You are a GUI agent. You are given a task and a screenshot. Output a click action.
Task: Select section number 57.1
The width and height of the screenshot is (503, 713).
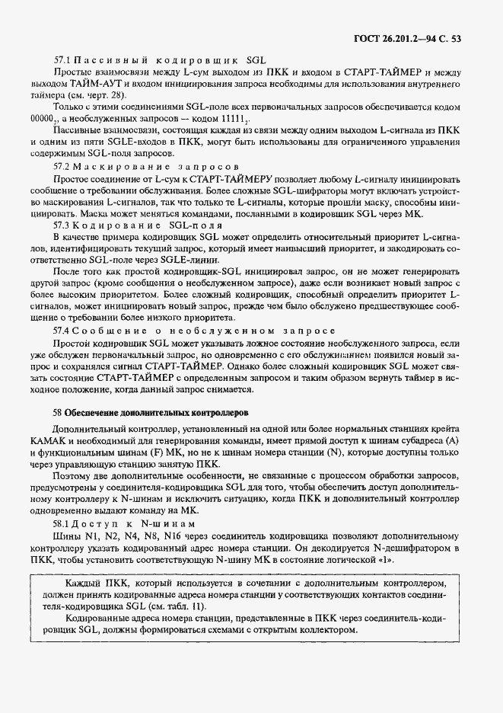tap(62, 59)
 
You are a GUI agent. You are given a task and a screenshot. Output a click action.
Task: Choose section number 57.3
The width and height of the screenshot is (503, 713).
tap(62, 225)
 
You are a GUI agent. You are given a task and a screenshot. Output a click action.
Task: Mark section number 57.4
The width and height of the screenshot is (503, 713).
tap(62, 331)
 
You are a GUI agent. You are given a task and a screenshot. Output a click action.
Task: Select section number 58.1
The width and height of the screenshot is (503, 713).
tap(62, 525)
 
